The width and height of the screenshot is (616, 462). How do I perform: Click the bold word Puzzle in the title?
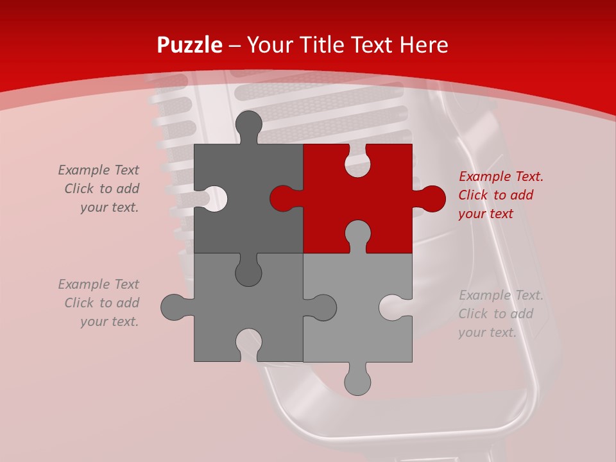190,46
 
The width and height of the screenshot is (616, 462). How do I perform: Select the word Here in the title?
424,45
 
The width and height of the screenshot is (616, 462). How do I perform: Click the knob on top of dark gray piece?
249,126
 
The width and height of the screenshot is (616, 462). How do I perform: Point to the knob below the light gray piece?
357,380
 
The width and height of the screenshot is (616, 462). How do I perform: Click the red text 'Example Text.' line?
501,176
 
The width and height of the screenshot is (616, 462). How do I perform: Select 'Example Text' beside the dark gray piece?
98,170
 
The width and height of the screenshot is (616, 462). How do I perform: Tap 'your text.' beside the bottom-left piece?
109,321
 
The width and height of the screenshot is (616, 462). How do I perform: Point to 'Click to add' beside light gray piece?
495,314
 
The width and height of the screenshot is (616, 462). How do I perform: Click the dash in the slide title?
235,46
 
